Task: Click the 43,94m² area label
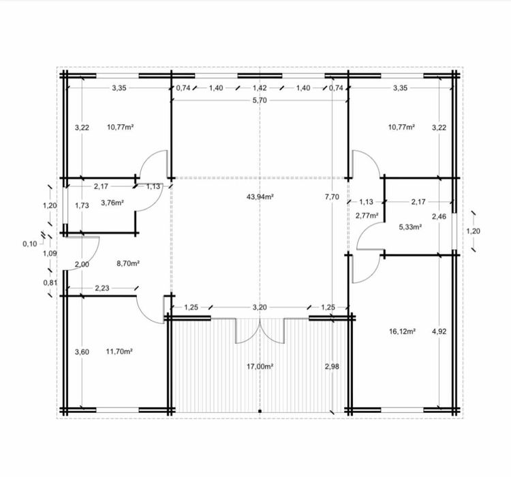tap(260, 197)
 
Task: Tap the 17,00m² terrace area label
tap(260, 366)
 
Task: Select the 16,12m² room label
tap(402, 332)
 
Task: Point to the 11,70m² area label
tap(119, 351)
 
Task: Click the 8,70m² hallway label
tap(128, 263)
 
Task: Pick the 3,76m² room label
tap(112, 203)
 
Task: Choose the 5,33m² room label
tap(410, 227)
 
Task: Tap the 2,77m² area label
tap(367, 216)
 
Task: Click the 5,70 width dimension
tap(260, 100)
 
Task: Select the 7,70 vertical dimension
tap(332, 197)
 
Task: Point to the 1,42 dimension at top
tap(260, 88)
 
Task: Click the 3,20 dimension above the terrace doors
tap(260, 307)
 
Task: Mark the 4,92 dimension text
tap(439, 332)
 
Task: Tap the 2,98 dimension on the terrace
tap(332, 366)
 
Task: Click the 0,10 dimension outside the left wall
tap(30, 244)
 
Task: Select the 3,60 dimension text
tap(82, 351)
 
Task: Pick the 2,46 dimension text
tap(439, 216)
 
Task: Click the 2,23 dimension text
tap(102, 288)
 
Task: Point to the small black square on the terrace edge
tap(260, 411)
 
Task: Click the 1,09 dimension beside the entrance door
tap(50, 253)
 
